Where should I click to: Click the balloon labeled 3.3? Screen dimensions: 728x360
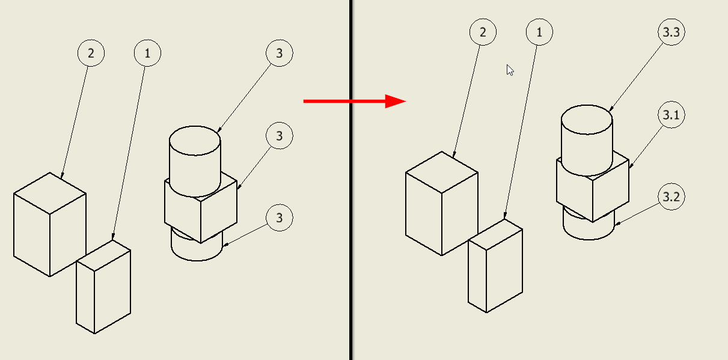pyautogui.click(x=671, y=32)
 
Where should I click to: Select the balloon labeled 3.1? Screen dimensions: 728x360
pyautogui.click(x=671, y=115)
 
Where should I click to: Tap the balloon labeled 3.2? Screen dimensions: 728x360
pyautogui.click(x=671, y=197)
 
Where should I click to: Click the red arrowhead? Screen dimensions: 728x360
pyautogui.click(x=395, y=102)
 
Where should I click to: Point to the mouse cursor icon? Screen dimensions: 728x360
pyautogui.click(x=510, y=70)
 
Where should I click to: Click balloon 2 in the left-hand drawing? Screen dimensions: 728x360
pyautogui.click(x=91, y=53)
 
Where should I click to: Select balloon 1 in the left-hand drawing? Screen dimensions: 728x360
pyautogui.click(x=147, y=53)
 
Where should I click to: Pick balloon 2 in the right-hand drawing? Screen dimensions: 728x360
pyautogui.click(x=483, y=32)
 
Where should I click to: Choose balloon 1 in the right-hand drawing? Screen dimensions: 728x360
pyautogui.click(x=539, y=32)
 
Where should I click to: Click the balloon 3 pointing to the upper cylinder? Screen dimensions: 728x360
pyautogui.click(x=279, y=53)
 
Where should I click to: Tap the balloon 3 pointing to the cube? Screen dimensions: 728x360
pyautogui.click(x=279, y=136)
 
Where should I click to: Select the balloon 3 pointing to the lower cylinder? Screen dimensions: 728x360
pyautogui.click(x=279, y=218)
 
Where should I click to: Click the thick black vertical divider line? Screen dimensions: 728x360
pyautogui.click(x=351, y=180)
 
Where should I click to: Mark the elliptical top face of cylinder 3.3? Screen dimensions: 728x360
pyautogui.click(x=587, y=120)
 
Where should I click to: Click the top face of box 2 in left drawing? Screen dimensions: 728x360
pyautogui.click(x=50, y=194)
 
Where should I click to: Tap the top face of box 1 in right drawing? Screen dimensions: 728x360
pyautogui.click(x=495, y=234)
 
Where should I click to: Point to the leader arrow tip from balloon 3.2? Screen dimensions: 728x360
pyautogui.click(x=616, y=224)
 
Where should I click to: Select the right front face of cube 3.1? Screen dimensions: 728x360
pyautogui.click(x=611, y=191)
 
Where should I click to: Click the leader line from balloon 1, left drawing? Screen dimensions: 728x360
pyautogui.click(x=129, y=153)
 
